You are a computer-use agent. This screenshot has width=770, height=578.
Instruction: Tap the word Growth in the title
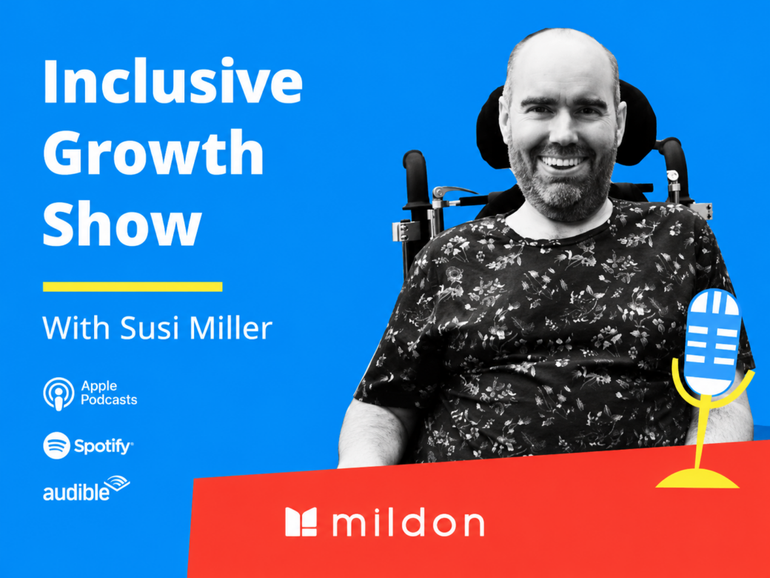[x=154, y=153]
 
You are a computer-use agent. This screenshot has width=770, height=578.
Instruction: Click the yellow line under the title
[x=133, y=287]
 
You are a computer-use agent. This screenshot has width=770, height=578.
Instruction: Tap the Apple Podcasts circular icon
[x=58, y=394]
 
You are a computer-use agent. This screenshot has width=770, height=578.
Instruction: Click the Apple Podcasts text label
[x=109, y=393]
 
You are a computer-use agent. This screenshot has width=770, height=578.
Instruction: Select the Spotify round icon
[x=56, y=446]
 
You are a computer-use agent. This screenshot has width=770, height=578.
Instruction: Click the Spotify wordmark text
[x=103, y=446]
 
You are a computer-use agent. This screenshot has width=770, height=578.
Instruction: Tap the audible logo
[x=87, y=488]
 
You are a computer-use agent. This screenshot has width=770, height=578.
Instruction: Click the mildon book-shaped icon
[x=301, y=522]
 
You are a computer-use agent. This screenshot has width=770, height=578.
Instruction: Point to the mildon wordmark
[x=408, y=523]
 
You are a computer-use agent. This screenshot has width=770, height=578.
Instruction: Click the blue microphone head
[x=712, y=342]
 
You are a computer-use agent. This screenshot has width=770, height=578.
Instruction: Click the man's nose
[x=563, y=133]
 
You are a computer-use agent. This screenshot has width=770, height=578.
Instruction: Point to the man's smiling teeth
[x=563, y=162]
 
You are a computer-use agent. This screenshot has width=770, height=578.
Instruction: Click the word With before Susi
[x=76, y=328]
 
